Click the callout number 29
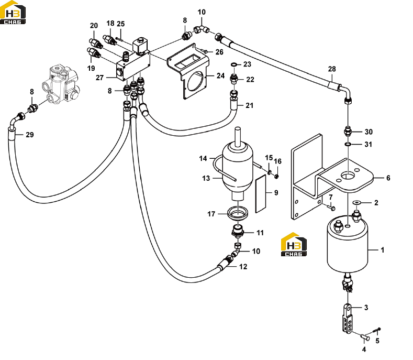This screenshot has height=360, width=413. [30, 135]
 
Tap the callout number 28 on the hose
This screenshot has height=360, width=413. [332, 69]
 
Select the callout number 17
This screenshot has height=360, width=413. [211, 214]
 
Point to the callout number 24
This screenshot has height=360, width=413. [220, 75]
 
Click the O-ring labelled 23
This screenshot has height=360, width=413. [234, 64]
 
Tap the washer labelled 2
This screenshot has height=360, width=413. [357, 202]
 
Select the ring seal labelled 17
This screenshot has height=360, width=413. [238, 213]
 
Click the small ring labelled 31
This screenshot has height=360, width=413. [348, 144]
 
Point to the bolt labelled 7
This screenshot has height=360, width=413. [331, 208]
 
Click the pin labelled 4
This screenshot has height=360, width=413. [365, 337]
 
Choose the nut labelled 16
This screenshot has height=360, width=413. [276, 176]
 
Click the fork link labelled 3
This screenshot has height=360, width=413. [348, 319]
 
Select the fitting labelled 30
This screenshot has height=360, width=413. [348, 131]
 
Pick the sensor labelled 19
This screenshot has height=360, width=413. [94, 52]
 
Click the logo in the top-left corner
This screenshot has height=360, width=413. [13, 13]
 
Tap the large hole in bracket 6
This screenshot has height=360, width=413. [348, 175]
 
